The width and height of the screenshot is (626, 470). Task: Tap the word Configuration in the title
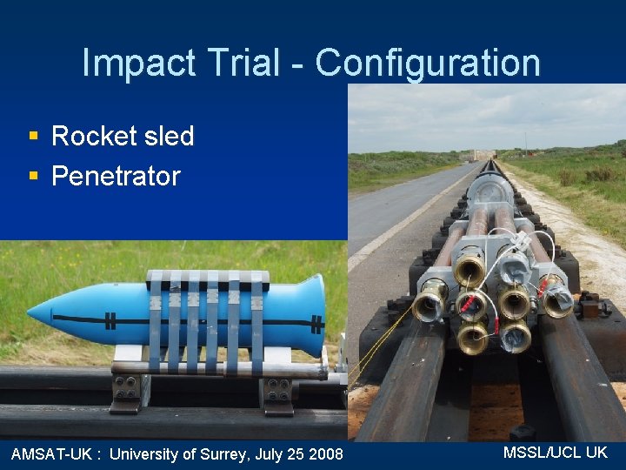coord(427,64)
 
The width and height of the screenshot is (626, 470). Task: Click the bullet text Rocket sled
coord(123,136)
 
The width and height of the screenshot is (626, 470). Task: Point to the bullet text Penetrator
coord(116,176)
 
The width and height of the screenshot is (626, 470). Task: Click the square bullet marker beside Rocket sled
coord(33,136)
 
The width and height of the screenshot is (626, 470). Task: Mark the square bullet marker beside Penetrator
coord(33,176)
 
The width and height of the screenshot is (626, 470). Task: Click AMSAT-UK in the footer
coord(51,453)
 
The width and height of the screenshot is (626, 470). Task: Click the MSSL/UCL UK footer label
coord(556,452)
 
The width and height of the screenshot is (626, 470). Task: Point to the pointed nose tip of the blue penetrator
coord(31,312)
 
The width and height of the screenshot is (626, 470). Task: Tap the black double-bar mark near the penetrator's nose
coord(110,319)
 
